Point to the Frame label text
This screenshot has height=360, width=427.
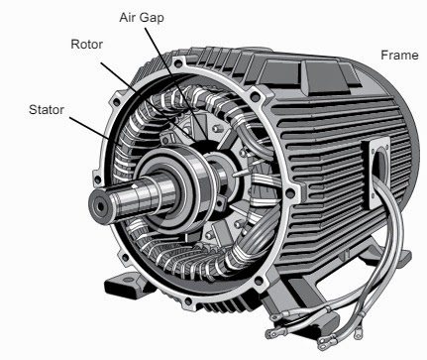[x=399, y=56]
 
